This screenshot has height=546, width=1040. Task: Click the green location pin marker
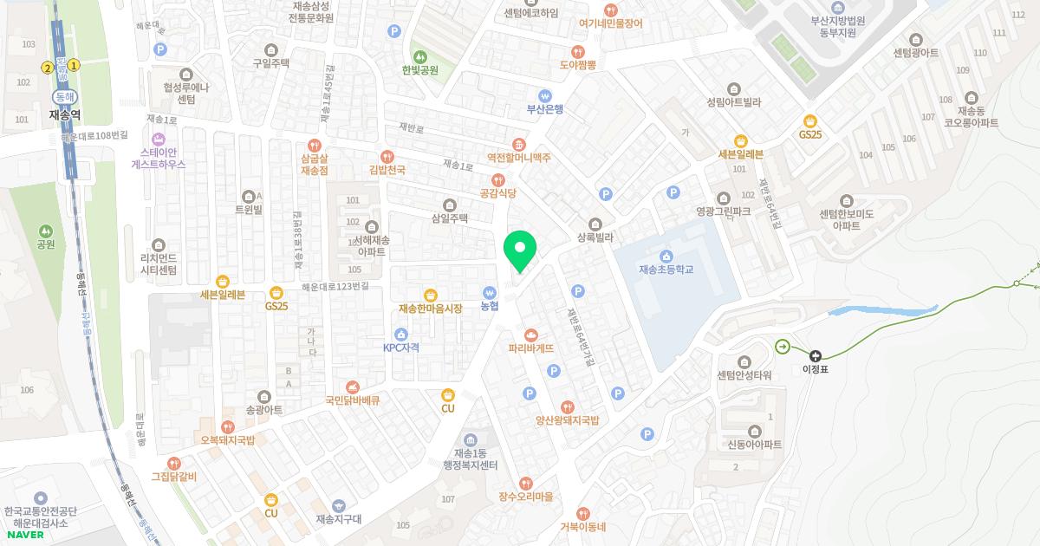pos(520,250)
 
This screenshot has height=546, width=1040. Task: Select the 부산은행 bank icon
pos(545,95)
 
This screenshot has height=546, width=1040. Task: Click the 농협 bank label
pos(490,306)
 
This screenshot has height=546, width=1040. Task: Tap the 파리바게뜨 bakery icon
pos(531,335)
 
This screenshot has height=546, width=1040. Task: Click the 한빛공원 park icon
pos(420,56)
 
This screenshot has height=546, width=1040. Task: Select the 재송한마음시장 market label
pos(431,309)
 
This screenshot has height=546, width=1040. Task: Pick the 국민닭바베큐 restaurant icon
pos(352,387)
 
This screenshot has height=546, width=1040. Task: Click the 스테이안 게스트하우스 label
pos(158,157)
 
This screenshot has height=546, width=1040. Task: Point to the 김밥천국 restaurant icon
pos(387,156)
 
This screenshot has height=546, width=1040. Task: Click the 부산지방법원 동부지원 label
pos(833,26)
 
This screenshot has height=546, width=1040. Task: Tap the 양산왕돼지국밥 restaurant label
pos(567,420)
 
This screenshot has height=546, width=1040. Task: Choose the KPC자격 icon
pos(400,335)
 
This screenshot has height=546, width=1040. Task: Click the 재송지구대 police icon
pos(338,505)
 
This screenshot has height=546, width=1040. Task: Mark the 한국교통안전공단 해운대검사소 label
pos(42,517)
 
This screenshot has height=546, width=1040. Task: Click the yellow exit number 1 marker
pos(75,65)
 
